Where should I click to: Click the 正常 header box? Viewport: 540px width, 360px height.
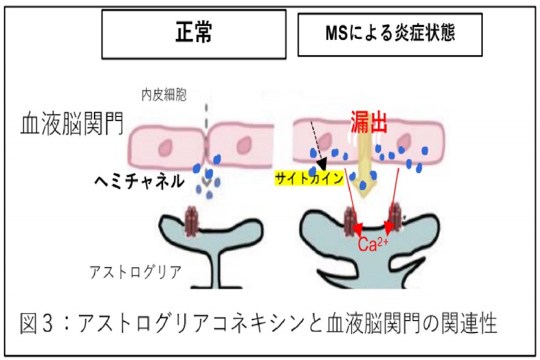click(x=194, y=34)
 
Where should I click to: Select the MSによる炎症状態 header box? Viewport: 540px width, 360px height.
click(x=389, y=33)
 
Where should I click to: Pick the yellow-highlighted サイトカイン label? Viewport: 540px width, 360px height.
click(x=309, y=179)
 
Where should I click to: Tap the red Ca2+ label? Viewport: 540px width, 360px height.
click(x=372, y=244)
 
